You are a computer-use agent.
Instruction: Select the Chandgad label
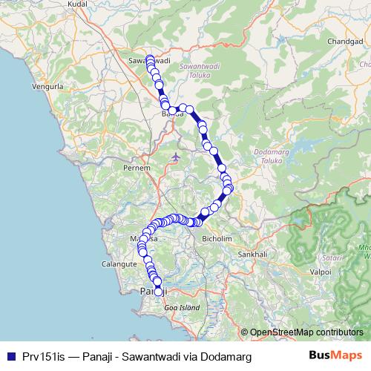click(344, 41)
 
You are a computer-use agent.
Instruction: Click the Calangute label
click(119, 263)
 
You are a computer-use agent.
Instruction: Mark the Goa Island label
click(182, 306)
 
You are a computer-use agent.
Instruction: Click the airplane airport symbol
click(174, 157)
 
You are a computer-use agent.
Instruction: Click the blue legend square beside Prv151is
click(9, 357)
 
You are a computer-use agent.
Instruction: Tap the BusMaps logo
click(336, 356)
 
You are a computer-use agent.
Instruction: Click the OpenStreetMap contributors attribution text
click(306, 333)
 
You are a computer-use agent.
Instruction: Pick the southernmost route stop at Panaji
click(158, 292)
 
